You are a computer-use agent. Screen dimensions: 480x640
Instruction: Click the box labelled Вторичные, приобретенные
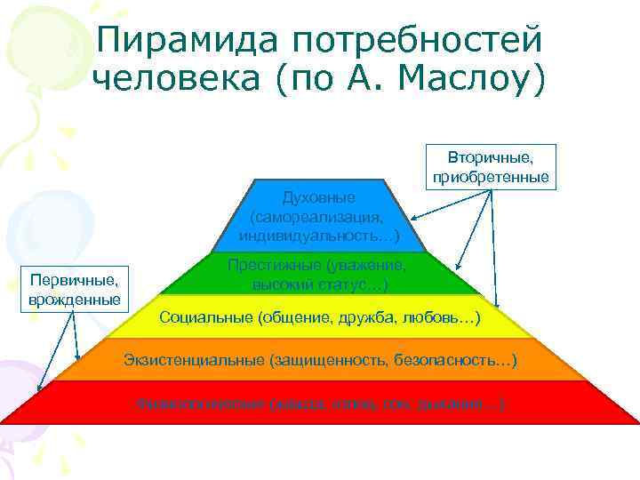(x=491, y=166)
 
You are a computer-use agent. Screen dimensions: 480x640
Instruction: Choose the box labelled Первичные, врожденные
(x=75, y=287)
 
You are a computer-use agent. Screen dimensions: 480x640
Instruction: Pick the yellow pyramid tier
(x=319, y=317)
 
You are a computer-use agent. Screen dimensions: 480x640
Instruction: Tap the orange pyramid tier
(x=319, y=360)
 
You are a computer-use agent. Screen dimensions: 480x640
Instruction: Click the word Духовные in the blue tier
(x=318, y=196)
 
